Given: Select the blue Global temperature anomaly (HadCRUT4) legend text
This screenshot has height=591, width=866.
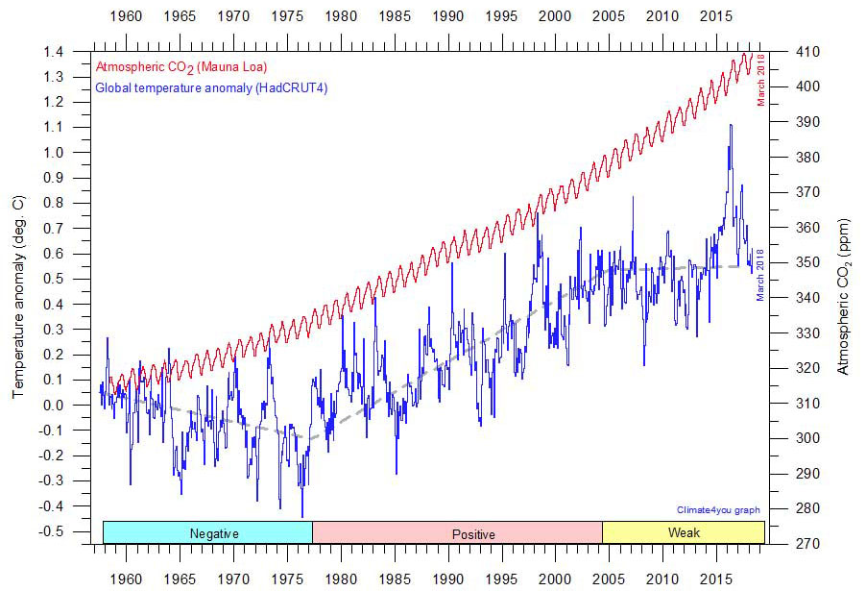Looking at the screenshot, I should tap(195, 88).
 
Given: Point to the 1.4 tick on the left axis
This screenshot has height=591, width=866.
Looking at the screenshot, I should tap(60, 52).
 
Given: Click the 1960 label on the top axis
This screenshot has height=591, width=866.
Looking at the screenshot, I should tap(126, 17).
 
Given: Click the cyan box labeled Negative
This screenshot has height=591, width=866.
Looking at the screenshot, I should tap(207, 533).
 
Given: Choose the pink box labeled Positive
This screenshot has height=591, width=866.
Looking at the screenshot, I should tap(457, 533).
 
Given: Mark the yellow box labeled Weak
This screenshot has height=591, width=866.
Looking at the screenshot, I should tap(684, 533).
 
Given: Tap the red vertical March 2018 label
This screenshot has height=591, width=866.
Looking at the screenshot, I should tap(761, 79).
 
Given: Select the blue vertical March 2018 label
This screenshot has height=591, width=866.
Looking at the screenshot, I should tap(760, 274).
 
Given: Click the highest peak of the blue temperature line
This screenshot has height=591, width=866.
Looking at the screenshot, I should tap(731, 125).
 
